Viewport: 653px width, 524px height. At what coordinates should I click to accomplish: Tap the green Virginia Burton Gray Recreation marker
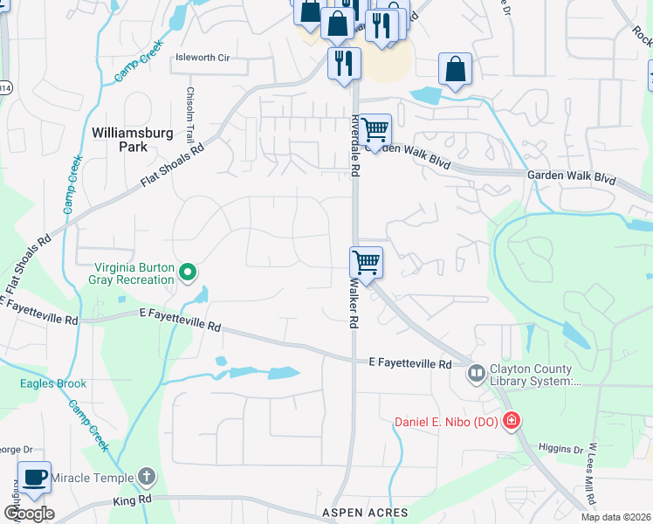tap(187, 274)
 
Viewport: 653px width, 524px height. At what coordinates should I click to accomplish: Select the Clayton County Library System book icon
tap(476, 375)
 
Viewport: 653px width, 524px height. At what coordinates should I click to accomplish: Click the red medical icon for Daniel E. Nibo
tap(510, 422)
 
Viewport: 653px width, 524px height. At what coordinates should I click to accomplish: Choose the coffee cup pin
tap(34, 478)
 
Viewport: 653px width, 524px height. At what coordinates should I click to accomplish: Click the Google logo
tap(29, 513)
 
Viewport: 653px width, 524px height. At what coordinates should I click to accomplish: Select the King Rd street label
tap(133, 500)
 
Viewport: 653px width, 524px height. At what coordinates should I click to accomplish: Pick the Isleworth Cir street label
tap(203, 58)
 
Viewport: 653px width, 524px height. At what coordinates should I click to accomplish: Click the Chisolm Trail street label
tap(189, 114)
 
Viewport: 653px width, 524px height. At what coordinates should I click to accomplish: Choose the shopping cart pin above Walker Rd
tap(366, 262)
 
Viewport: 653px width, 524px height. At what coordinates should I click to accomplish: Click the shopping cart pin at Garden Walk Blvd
tap(375, 130)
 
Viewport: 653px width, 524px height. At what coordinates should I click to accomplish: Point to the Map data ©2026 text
tap(615, 517)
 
